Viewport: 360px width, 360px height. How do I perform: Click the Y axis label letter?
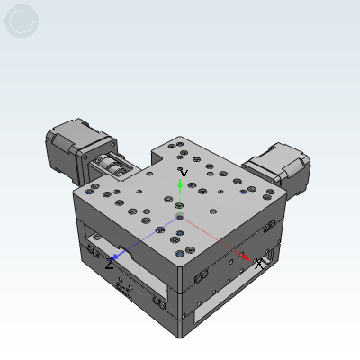[184, 175]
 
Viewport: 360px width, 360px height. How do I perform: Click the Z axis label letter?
[110, 264]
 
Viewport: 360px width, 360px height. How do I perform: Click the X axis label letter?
[258, 264]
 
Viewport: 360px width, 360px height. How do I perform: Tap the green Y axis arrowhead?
[180, 184]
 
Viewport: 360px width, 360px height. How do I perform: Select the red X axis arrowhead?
[247, 257]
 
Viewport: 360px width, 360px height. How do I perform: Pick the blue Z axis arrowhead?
[115, 256]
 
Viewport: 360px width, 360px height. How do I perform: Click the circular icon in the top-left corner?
[22, 21]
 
